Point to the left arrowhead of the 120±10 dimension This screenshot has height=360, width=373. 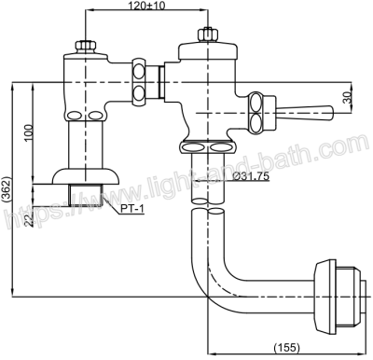(x=89, y=13)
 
